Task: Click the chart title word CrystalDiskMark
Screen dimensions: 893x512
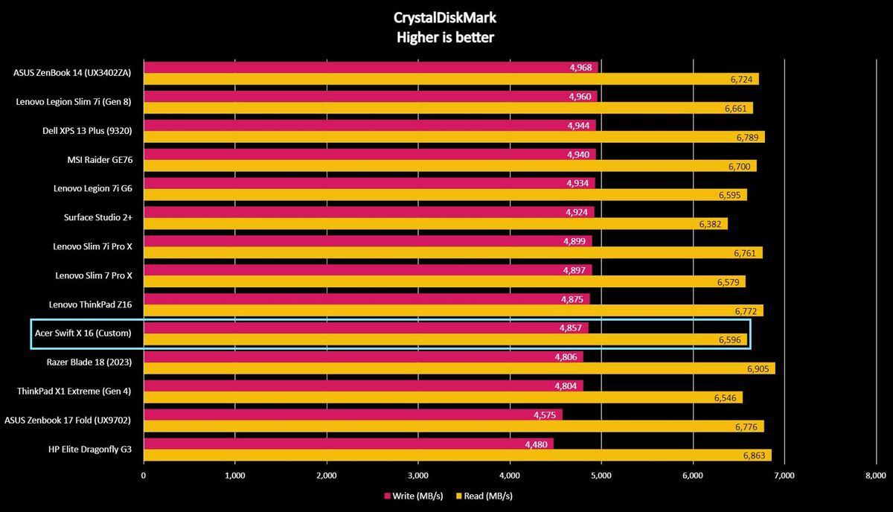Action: (445, 18)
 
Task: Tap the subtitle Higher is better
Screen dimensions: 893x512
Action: (445, 37)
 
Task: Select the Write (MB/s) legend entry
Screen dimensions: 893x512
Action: (414, 496)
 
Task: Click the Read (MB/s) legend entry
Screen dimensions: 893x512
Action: (484, 496)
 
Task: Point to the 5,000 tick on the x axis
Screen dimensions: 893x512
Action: (601, 476)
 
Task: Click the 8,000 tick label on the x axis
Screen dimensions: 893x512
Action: (876, 476)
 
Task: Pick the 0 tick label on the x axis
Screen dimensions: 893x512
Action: (144, 476)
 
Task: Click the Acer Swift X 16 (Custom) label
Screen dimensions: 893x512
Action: (83, 333)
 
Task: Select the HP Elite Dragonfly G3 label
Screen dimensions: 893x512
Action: (90, 449)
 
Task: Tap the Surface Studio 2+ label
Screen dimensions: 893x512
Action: (98, 217)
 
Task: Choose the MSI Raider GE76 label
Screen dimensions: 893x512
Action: (100, 159)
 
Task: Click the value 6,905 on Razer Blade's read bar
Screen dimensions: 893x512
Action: (758, 369)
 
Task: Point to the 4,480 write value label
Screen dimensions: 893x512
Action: (537, 444)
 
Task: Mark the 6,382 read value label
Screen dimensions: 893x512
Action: (710, 224)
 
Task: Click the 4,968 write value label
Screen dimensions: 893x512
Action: (581, 68)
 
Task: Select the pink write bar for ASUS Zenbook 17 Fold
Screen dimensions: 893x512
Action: (353, 415)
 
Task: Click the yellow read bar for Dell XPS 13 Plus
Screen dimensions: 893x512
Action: (454, 137)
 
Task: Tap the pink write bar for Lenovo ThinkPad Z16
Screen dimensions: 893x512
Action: (367, 298)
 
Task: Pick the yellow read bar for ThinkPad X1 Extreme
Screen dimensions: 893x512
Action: (443, 397)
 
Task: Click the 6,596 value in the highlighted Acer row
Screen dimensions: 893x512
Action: (730, 340)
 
